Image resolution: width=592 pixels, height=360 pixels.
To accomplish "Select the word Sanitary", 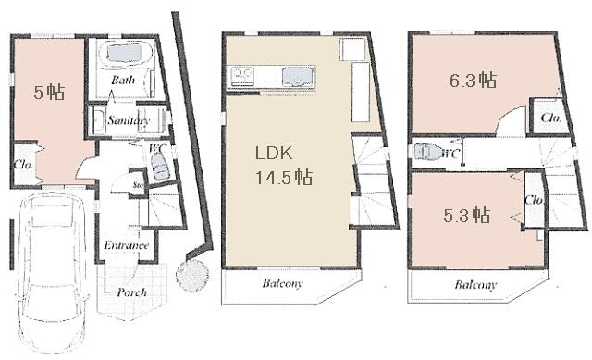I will pos(128,120).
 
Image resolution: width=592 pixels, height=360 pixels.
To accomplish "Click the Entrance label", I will pos(126,245).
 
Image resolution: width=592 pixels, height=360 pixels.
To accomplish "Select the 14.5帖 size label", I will pos(284,178).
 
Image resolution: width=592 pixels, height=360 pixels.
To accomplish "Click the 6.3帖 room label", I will pos(475,80).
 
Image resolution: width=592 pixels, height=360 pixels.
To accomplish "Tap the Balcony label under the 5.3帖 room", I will pos(475,284).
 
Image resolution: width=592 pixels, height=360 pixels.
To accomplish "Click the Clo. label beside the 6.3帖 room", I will pos(549,118).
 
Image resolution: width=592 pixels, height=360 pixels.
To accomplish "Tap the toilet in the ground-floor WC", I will pos(159,169).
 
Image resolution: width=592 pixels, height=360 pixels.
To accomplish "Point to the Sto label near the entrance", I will pos(138,186).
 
